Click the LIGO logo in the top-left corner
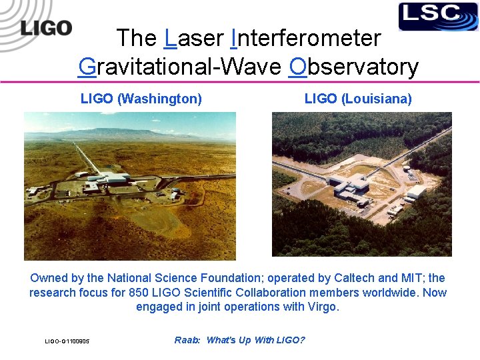(45, 28)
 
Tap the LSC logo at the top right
(438, 17)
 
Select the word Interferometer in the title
(305, 38)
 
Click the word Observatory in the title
(354, 67)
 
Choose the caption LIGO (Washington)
(141, 99)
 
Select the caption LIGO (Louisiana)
(358, 99)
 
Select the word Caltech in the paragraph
(365, 278)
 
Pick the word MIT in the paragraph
(419, 278)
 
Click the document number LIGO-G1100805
(67, 341)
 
